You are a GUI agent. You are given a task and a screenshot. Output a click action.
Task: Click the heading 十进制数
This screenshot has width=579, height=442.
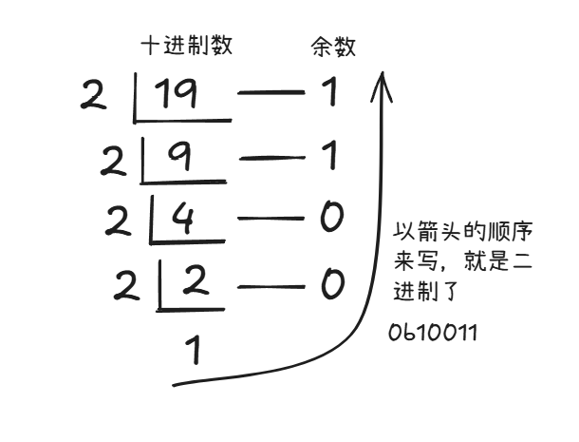click(187, 45)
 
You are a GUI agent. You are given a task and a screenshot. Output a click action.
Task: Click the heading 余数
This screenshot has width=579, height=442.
click(333, 46)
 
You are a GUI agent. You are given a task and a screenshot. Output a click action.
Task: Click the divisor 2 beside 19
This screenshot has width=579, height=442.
click(94, 96)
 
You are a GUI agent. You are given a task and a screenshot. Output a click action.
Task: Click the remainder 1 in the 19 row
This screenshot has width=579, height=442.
click(329, 94)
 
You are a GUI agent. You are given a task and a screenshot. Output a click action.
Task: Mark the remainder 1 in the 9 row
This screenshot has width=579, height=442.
click(329, 157)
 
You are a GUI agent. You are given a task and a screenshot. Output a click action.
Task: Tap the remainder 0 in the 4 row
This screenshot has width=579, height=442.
click(330, 220)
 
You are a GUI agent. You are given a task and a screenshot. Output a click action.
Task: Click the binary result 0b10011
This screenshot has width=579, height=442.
click(433, 334)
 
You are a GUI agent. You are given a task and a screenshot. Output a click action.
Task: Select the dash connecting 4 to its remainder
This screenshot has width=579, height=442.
click(270, 221)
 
